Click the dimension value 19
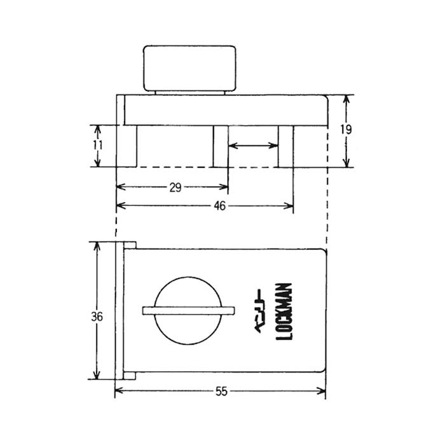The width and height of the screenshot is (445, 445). [x=346, y=130]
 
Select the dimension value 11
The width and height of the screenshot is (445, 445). [x=98, y=145]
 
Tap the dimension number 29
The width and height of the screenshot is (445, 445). [x=175, y=188]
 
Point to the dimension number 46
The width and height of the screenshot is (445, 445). [x=220, y=206]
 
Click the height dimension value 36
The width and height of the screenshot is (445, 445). [x=97, y=317]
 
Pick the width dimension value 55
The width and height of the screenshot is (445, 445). [x=221, y=392]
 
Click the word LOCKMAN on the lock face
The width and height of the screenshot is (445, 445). [x=284, y=311]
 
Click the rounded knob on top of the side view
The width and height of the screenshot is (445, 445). [x=190, y=69]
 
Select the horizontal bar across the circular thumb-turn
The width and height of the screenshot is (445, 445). [x=188, y=311]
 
